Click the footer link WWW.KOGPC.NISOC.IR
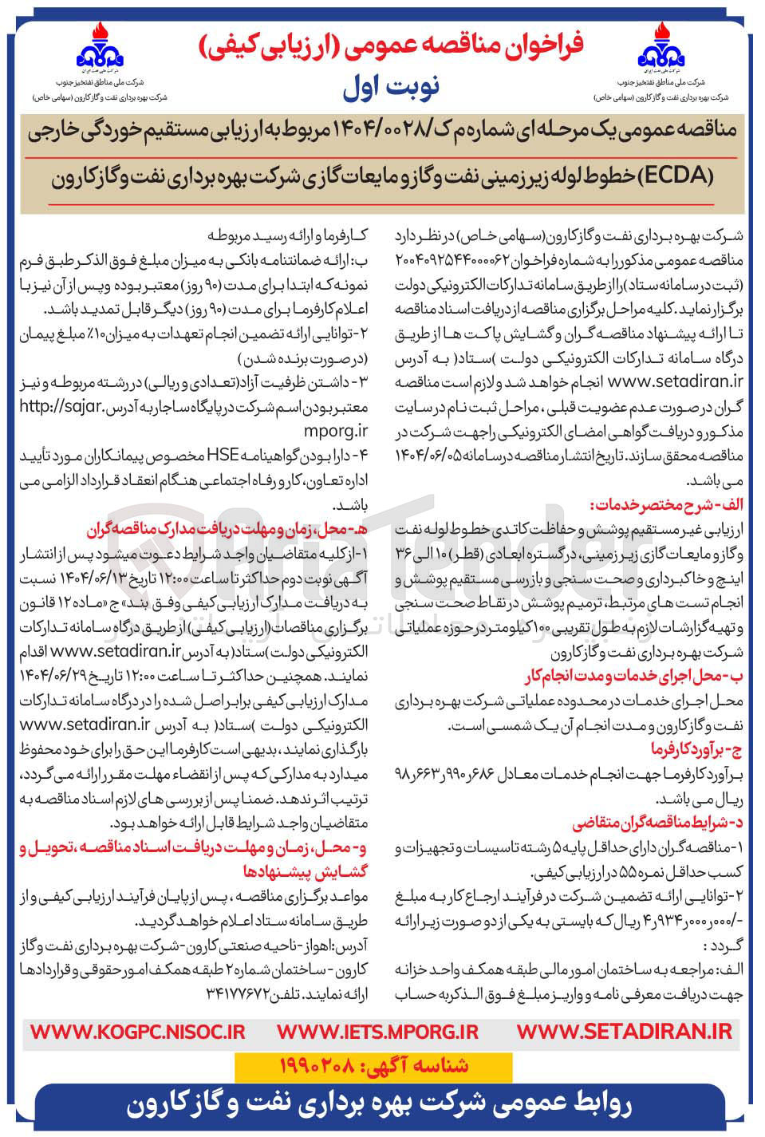[x=137, y=1031]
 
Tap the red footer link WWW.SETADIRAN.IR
[x=624, y=1031]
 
